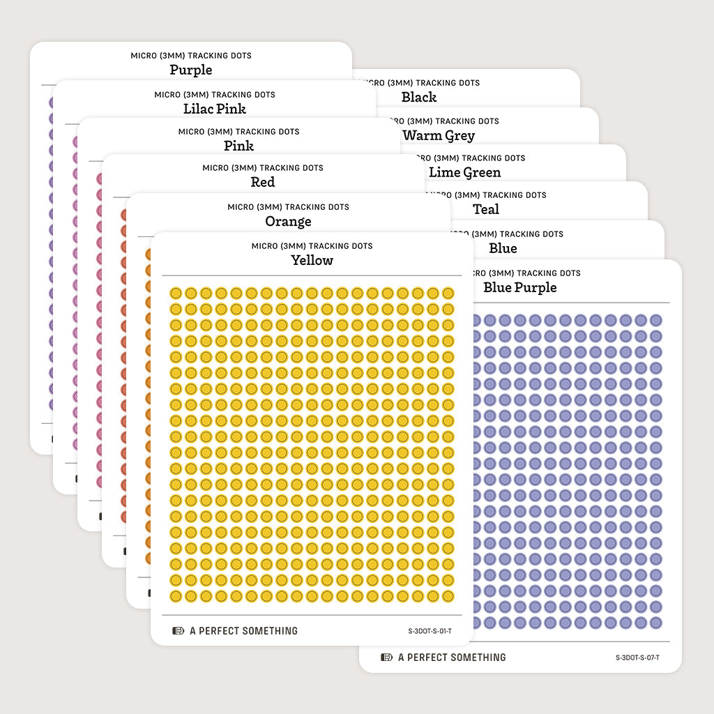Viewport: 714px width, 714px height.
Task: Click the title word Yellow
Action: (312, 260)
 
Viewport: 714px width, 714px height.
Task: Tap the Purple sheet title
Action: (191, 70)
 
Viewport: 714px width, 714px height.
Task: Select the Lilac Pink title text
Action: (215, 109)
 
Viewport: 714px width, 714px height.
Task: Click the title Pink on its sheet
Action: (238, 146)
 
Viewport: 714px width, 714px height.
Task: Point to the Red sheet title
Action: (263, 182)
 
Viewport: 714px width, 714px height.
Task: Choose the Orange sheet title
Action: (288, 221)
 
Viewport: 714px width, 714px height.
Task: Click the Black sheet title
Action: (419, 97)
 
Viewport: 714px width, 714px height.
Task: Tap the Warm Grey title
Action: (439, 135)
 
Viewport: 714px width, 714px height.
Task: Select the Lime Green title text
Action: (464, 172)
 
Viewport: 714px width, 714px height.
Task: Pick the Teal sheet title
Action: (486, 209)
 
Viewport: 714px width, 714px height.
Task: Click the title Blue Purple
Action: (520, 287)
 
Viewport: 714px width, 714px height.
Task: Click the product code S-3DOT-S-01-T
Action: (430, 631)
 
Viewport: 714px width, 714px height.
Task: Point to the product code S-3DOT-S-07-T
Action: (637, 658)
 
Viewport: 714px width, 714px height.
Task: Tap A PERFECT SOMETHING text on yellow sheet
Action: (243, 631)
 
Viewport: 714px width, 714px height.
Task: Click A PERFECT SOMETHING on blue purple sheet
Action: (452, 658)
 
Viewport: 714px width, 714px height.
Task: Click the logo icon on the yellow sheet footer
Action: (178, 631)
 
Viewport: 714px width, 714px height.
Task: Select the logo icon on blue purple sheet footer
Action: (387, 658)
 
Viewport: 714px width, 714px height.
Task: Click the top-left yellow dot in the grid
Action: (176, 293)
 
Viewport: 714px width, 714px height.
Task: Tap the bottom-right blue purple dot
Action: (655, 623)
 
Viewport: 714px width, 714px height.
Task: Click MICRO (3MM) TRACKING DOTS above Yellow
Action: (312, 246)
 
